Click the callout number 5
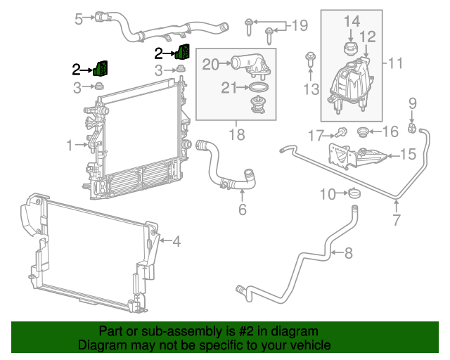coord(79,19)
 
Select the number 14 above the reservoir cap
coord(351,21)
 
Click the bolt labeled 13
coord(310,62)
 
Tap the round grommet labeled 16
coord(364,131)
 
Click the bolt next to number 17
coord(341,131)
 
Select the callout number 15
coord(409,153)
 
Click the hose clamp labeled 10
coord(355,193)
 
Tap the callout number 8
coord(349,252)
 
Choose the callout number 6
coord(243,210)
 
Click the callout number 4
coord(176,242)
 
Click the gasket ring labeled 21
coord(259,88)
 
